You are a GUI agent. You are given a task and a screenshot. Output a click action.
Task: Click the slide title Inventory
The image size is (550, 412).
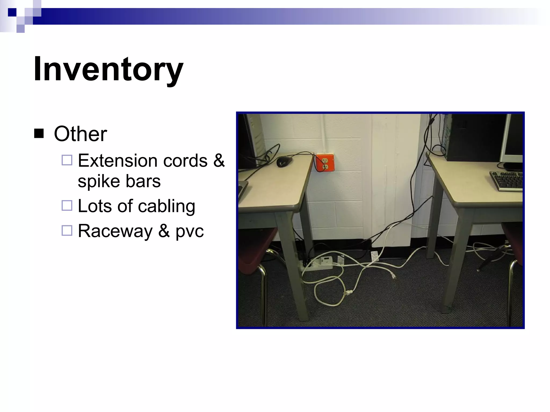[x=108, y=69]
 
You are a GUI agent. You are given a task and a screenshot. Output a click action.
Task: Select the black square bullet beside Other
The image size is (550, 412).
[x=39, y=133]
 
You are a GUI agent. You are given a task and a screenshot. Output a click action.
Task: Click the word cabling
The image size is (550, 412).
[x=167, y=206]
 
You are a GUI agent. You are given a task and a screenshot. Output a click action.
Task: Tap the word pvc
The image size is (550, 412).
[x=190, y=231]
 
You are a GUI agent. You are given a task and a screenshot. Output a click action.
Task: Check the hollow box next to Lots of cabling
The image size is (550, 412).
[x=67, y=206]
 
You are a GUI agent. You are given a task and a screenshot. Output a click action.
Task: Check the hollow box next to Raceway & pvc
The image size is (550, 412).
[x=67, y=230]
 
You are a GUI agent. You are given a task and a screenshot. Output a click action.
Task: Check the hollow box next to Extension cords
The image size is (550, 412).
[x=67, y=160]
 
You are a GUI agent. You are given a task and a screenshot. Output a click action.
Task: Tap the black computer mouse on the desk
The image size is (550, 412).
[x=285, y=161]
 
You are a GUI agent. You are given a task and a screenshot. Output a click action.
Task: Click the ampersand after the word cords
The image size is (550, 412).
[x=219, y=161]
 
